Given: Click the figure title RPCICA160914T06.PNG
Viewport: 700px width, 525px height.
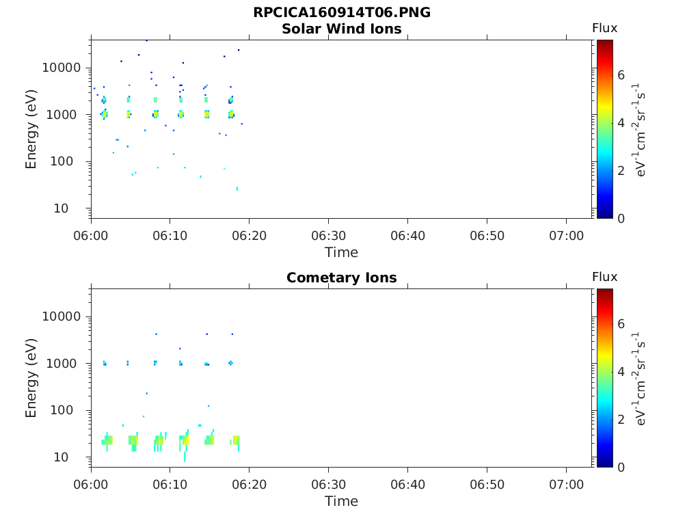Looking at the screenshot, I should pos(341,12).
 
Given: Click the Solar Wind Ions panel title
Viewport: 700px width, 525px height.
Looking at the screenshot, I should pos(341,29).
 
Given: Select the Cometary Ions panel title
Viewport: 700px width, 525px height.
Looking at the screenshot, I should pos(341,278).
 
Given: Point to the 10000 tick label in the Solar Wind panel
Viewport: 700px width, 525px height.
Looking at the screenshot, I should pos(62,68).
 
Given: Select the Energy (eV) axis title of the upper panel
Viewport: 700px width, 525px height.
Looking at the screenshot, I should pos(31,129).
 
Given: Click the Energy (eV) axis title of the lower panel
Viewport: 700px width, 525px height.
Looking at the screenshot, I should pos(31,378).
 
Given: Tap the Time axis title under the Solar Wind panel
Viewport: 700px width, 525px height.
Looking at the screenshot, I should pos(341,252).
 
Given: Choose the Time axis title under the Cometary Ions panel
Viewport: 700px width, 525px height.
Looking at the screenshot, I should pos(341,501).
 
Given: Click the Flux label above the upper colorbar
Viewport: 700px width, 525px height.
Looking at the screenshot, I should pos(604,28).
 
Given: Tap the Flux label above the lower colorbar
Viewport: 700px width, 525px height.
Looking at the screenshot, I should pos(604,277).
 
